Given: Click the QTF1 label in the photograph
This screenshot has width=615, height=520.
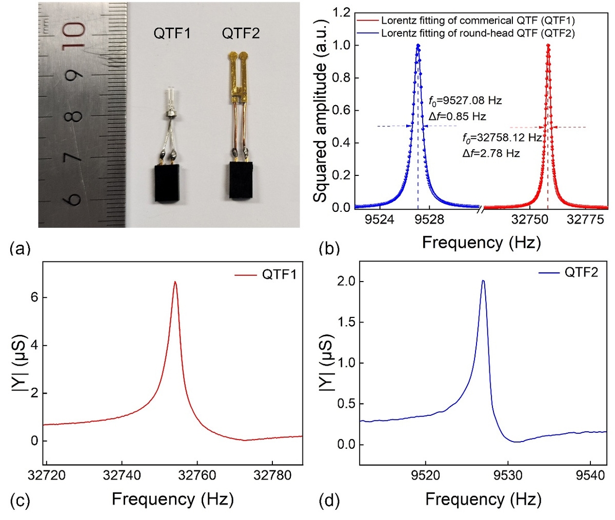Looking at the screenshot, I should (172, 34).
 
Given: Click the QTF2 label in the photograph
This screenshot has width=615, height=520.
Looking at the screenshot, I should (241, 34).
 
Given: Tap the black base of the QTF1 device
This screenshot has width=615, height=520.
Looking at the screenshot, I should (169, 184).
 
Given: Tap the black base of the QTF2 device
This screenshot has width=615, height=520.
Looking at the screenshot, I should (240, 181).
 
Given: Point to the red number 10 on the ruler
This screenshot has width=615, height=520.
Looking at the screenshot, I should (75, 35).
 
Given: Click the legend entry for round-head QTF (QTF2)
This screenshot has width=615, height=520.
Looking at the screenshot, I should (478, 33).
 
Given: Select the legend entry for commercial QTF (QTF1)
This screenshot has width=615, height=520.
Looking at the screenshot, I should (478, 21).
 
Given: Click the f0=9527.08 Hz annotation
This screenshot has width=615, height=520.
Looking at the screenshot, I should (465, 101).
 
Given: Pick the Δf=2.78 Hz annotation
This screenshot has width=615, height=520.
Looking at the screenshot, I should (491, 153).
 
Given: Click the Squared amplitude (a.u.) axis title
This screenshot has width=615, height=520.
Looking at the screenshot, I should (321, 111).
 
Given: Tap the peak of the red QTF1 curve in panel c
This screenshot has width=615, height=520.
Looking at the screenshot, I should (175, 282).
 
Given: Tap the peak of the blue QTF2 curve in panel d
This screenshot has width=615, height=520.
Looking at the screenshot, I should (483, 281).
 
